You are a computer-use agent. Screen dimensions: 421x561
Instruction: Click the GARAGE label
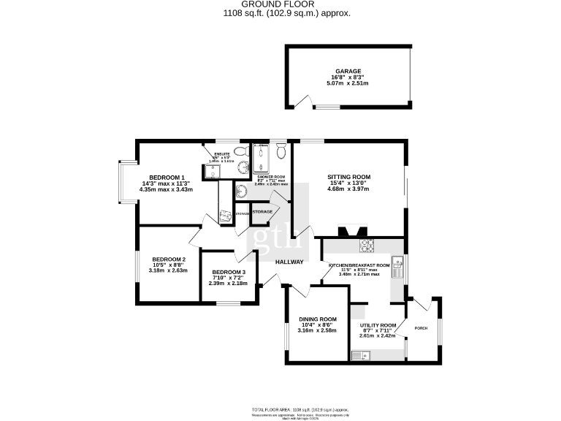pyautogui.click(x=348, y=71)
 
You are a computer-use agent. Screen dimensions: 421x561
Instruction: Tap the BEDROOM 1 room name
pyautogui.click(x=167, y=177)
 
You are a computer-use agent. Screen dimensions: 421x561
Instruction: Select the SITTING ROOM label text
pyautogui.click(x=348, y=177)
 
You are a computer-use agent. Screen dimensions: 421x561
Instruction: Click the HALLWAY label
pyautogui.click(x=289, y=262)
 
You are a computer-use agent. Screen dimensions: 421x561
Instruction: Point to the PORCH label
pyautogui.click(x=421, y=328)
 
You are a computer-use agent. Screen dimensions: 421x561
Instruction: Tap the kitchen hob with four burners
pyautogui.click(x=366, y=245)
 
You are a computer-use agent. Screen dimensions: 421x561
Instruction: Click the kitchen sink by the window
pyautogui.click(x=397, y=268)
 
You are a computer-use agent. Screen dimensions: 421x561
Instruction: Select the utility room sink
pyautogui.click(x=360, y=356)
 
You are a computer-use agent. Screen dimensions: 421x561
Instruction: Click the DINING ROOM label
pyautogui.click(x=317, y=319)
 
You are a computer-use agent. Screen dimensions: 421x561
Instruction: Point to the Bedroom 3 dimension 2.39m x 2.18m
pyautogui.click(x=228, y=283)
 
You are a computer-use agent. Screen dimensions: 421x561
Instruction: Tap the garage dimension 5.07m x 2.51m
pyautogui.click(x=348, y=83)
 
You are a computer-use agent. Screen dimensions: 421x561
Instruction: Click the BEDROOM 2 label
pyautogui.click(x=169, y=259)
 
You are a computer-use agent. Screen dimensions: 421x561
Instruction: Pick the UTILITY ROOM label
pyautogui.click(x=379, y=325)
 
